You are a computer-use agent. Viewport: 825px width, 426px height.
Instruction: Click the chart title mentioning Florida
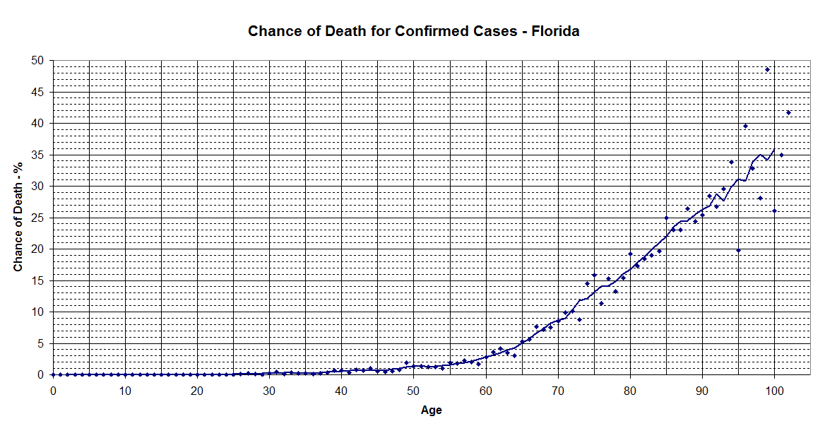[413, 31]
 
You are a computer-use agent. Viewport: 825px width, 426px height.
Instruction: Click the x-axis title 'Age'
[431, 410]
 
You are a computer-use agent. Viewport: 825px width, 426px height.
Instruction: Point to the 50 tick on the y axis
[38, 61]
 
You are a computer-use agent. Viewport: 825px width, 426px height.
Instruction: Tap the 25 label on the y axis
[38, 218]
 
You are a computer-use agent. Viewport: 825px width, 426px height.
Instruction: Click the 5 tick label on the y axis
[41, 343]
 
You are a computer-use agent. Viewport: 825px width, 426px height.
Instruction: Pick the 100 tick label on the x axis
[774, 391]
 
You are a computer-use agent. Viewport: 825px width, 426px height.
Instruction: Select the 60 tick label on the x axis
[486, 391]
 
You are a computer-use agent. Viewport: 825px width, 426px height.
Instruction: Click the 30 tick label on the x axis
[269, 391]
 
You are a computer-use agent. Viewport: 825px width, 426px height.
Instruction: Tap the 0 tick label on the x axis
[53, 391]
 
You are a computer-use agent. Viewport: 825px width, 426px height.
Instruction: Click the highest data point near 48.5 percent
[767, 69]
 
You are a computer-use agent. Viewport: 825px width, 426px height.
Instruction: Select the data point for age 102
[788, 112]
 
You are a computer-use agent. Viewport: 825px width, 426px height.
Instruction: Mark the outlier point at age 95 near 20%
[738, 250]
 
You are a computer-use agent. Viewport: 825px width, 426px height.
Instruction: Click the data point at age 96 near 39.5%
[745, 126]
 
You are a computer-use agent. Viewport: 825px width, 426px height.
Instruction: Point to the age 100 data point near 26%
[774, 211]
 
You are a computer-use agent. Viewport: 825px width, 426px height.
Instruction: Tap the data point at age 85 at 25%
[666, 218]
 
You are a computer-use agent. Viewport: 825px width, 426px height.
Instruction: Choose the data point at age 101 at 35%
[781, 155]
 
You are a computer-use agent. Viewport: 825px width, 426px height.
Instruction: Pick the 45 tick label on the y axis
[38, 93]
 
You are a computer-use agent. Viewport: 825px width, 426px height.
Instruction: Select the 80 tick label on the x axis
[630, 391]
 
